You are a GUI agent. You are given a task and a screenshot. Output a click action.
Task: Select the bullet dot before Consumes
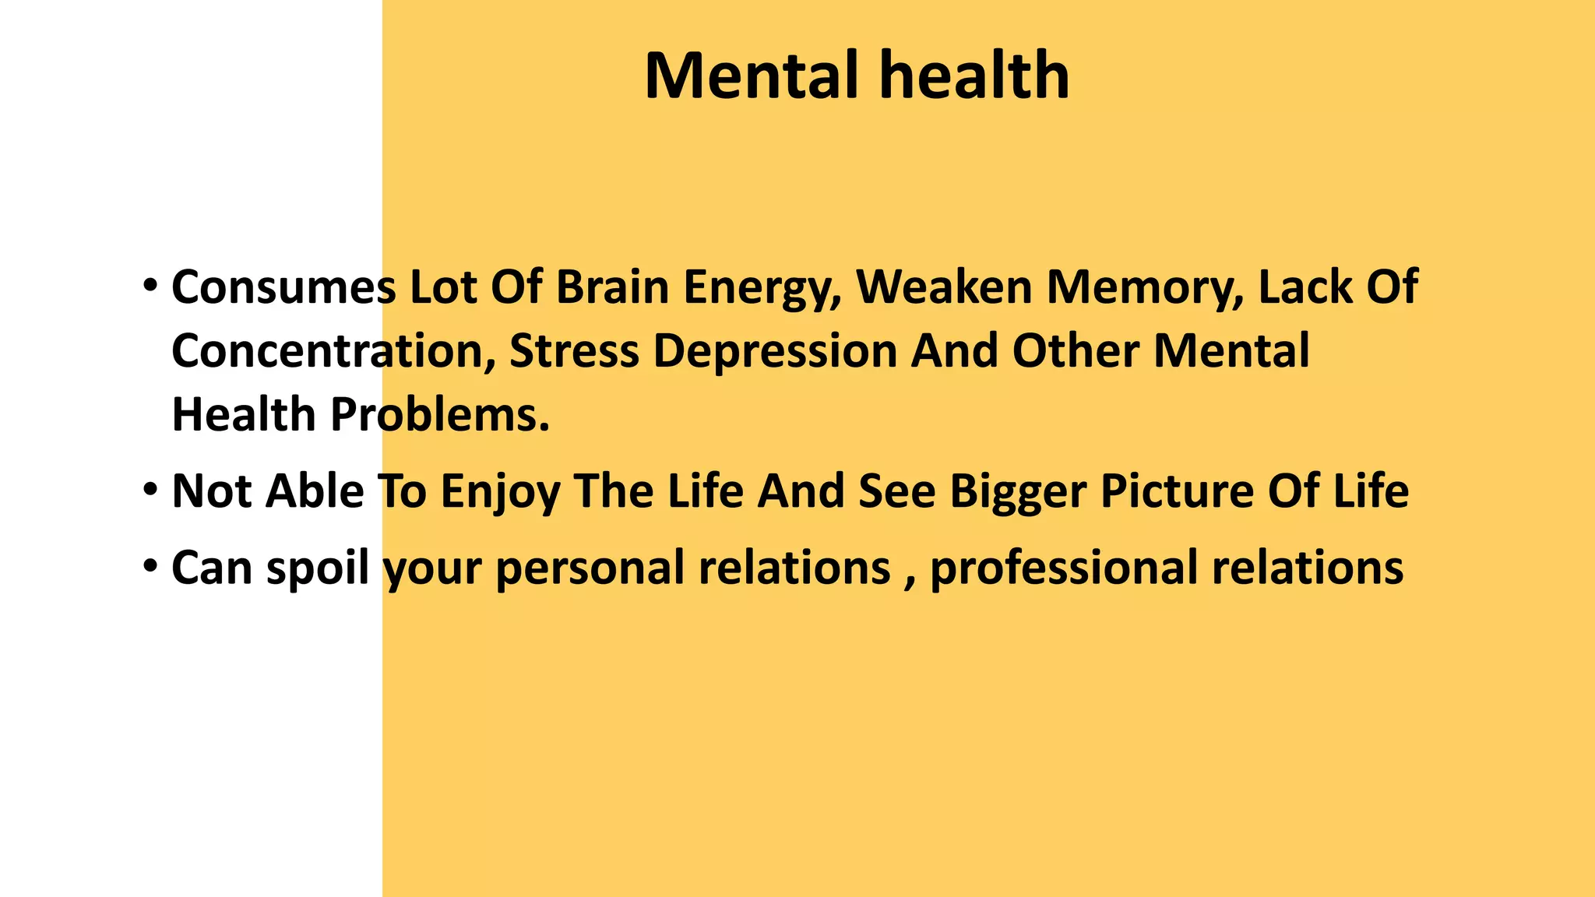(150, 283)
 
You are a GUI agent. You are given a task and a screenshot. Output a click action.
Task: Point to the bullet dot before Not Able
(150, 488)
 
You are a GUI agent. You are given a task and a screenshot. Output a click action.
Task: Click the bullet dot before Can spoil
(150, 565)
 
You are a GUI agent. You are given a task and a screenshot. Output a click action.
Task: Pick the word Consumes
(283, 287)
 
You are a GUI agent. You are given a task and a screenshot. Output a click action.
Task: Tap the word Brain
(612, 287)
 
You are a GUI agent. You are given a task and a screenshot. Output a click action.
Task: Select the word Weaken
(944, 287)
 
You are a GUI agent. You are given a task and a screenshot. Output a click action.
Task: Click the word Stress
(574, 351)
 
